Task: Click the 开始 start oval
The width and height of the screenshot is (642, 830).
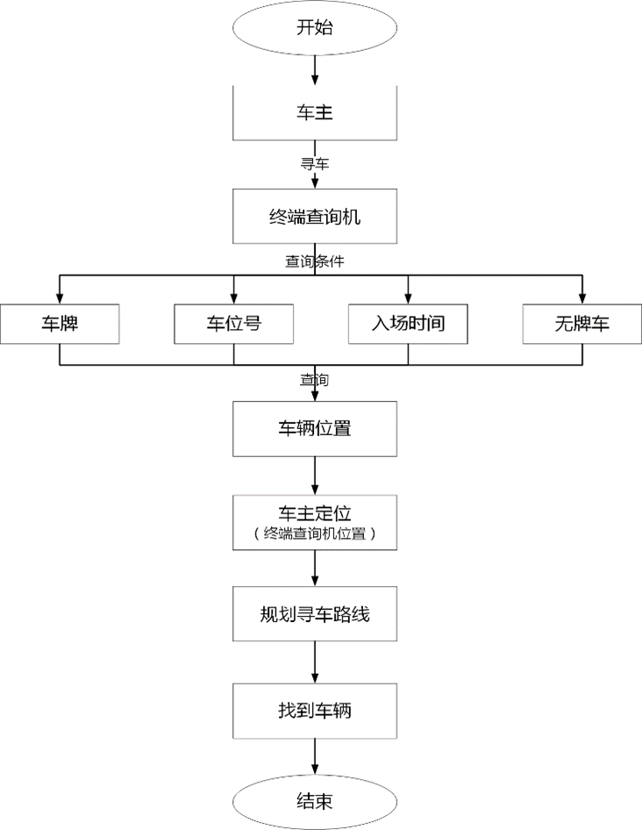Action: tap(314, 26)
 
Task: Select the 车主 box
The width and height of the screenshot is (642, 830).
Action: tap(314, 113)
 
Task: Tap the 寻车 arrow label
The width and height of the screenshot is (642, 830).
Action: tap(314, 163)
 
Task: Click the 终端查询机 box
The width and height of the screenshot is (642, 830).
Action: tap(314, 217)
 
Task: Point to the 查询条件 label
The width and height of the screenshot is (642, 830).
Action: tap(314, 261)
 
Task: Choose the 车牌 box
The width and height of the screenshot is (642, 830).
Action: tap(60, 323)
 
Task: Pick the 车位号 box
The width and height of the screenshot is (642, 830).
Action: tap(233, 323)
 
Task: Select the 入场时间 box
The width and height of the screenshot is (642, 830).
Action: tap(408, 323)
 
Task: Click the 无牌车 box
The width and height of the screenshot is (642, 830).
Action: tap(581, 323)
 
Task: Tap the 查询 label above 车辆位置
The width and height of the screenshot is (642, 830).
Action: tap(314, 380)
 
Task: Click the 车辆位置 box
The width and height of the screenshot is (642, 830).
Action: tap(314, 429)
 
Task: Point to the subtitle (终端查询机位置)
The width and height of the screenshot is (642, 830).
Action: tap(314, 534)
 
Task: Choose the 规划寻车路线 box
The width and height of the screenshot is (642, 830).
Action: tap(314, 614)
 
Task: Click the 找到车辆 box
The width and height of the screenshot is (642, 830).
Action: tap(314, 711)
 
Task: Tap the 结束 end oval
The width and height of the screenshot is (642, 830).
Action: tap(314, 802)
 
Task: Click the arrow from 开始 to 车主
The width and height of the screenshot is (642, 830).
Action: tap(314, 68)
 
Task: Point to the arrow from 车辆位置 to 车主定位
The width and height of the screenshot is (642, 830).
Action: tap(314, 476)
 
